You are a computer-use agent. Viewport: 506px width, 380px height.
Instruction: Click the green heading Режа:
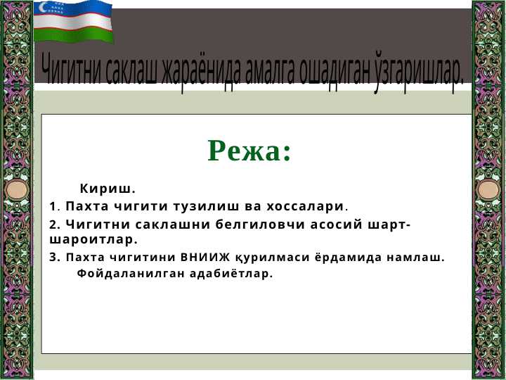point(249,151)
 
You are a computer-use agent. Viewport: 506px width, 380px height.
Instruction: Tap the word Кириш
point(108,189)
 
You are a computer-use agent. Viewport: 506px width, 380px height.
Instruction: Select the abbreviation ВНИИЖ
point(205,258)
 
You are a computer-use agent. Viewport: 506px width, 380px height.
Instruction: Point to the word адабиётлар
point(231,274)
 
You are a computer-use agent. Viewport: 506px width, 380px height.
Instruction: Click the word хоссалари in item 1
point(305,206)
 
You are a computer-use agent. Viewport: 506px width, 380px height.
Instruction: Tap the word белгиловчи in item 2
point(260,224)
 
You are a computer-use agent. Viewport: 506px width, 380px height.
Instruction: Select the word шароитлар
point(93,239)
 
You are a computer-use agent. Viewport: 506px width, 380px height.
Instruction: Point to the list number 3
point(55,258)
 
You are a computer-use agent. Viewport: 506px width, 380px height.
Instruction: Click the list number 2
point(55,224)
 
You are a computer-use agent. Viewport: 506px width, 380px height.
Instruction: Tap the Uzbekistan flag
point(73,22)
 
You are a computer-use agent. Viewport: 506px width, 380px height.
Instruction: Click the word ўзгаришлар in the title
point(419,72)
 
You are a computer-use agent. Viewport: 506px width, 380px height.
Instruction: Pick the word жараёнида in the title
point(201,72)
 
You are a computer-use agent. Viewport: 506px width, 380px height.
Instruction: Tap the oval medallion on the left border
point(16,189)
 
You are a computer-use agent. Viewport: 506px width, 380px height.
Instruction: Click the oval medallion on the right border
point(488,190)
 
